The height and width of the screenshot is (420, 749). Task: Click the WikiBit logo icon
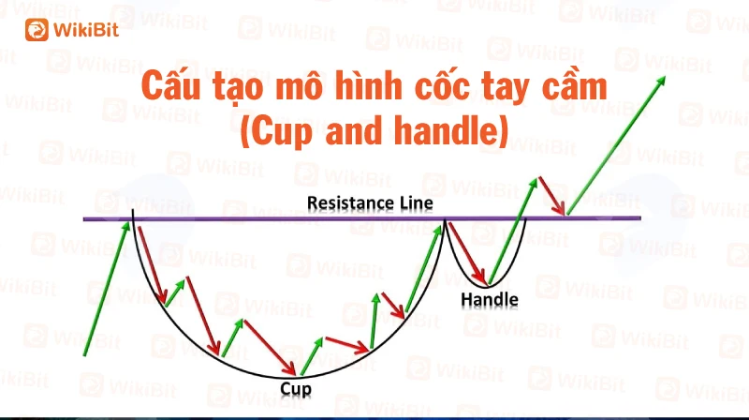pyautogui.click(x=37, y=30)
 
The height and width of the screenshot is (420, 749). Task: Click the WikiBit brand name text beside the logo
pyautogui.click(x=86, y=30)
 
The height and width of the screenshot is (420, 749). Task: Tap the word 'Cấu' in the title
pyautogui.click(x=170, y=85)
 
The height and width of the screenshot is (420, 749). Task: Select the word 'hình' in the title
pyautogui.click(x=368, y=85)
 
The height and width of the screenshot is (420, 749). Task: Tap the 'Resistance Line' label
pyautogui.click(x=370, y=202)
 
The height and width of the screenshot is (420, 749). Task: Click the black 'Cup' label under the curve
pyautogui.click(x=296, y=389)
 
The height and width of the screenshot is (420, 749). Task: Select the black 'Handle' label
pyautogui.click(x=490, y=300)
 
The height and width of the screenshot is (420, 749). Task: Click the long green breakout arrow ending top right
pyautogui.click(x=616, y=145)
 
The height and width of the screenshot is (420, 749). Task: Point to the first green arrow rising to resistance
pyautogui.click(x=107, y=289)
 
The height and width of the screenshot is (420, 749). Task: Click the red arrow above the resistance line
pyautogui.click(x=552, y=196)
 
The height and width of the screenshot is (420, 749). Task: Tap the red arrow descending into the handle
pyautogui.click(x=466, y=253)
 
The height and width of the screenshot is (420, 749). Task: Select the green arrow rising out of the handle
pyautogui.click(x=512, y=232)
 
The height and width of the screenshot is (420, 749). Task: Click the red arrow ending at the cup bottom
pyautogui.click(x=270, y=347)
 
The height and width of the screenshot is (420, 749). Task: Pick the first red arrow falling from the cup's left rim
pyautogui.click(x=153, y=265)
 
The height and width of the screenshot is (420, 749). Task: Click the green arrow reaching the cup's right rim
pyautogui.click(x=424, y=268)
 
